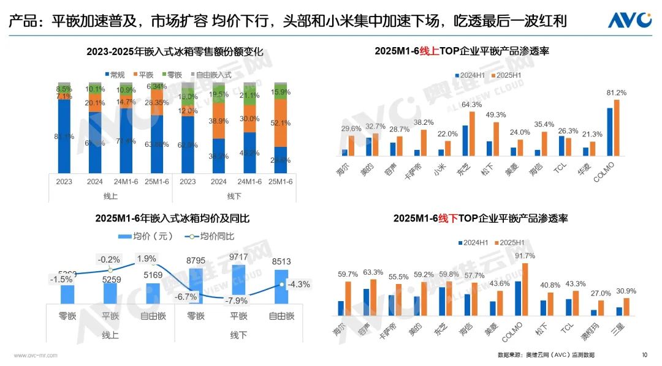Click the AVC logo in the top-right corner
pyautogui.click(x=630, y=20)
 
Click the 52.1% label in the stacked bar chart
pyautogui.click(x=280, y=123)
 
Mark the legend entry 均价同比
pyautogui.click(x=209, y=236)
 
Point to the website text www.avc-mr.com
pyautogui.click(x=35, y=355)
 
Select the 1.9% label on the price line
pyautogui.click(x=146, y=258)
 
